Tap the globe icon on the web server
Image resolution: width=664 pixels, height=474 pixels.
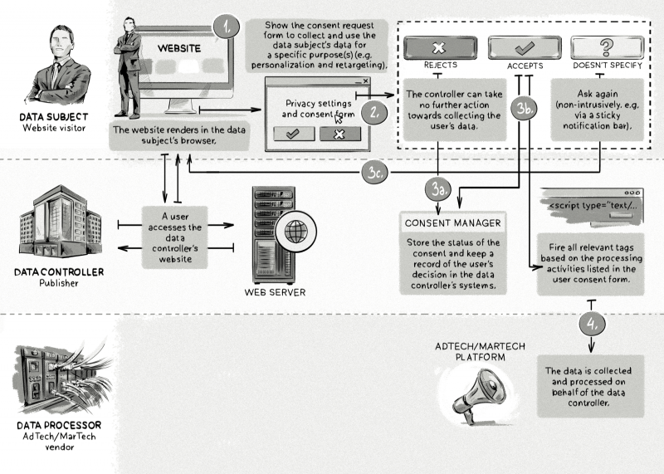(x=295, y=231)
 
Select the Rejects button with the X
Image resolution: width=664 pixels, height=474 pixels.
(x=440, y=46)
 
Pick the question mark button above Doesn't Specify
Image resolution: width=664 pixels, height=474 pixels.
(x=609, y=46)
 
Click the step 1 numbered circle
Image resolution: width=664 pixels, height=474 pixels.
(x=225, y=27)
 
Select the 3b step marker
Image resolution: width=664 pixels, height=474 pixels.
(x=525, y=109)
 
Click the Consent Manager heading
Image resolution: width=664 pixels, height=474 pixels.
(x=452, y=222)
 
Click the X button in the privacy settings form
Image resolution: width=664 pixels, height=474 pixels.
(x=339, y=134)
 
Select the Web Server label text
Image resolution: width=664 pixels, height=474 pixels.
(x=273, y=292)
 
